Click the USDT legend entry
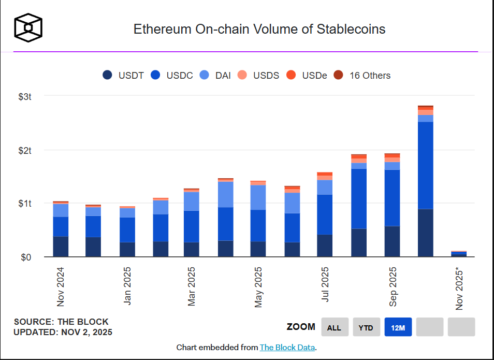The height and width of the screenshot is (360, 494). pos(123,75)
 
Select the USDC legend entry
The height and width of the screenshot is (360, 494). pos(172,75)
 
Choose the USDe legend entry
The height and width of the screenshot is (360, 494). pos(307,75)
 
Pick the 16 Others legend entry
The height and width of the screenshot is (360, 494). pos(362,75)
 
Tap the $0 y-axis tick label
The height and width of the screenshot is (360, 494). pos(26,257)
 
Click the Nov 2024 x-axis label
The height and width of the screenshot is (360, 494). pos(61,286)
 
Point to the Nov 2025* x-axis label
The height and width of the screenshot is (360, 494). pos(459,288)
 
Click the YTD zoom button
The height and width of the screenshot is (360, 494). pos(366,327)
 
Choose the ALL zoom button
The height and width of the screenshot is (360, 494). pos(335,327)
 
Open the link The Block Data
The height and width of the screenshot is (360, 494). pos(287,348)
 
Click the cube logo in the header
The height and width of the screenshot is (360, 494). pos(28,27)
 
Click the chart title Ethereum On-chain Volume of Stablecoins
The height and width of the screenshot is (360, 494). pos(259,29)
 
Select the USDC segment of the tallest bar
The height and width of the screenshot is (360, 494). pos(425,166)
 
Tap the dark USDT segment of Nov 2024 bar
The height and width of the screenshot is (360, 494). pos(61,247)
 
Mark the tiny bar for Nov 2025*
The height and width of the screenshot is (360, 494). pos(458,254)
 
